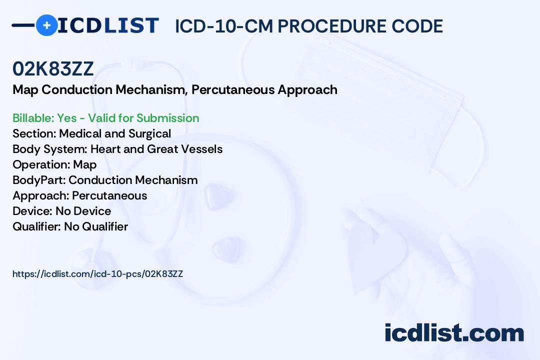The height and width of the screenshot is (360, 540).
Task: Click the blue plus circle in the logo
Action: coord(46,25)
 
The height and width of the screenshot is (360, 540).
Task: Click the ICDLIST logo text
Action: coord(108,25)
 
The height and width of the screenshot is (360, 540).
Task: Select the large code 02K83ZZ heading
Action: coord(53,68)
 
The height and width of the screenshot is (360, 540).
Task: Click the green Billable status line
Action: coord(105,118)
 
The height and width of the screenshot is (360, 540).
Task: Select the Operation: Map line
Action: coord(54,164)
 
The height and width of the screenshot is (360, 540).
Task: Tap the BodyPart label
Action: coord(39,180)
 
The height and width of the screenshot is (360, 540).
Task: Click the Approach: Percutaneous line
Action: coord(80,195)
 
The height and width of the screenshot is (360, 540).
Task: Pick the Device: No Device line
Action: coord(61,211)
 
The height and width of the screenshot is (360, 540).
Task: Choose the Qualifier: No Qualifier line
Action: coord(70,226)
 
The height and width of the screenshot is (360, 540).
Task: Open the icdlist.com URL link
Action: coord(98,274)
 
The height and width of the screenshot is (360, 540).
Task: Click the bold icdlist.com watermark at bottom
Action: coord(454,332)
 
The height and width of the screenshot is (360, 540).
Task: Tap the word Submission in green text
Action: coord(167,118)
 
